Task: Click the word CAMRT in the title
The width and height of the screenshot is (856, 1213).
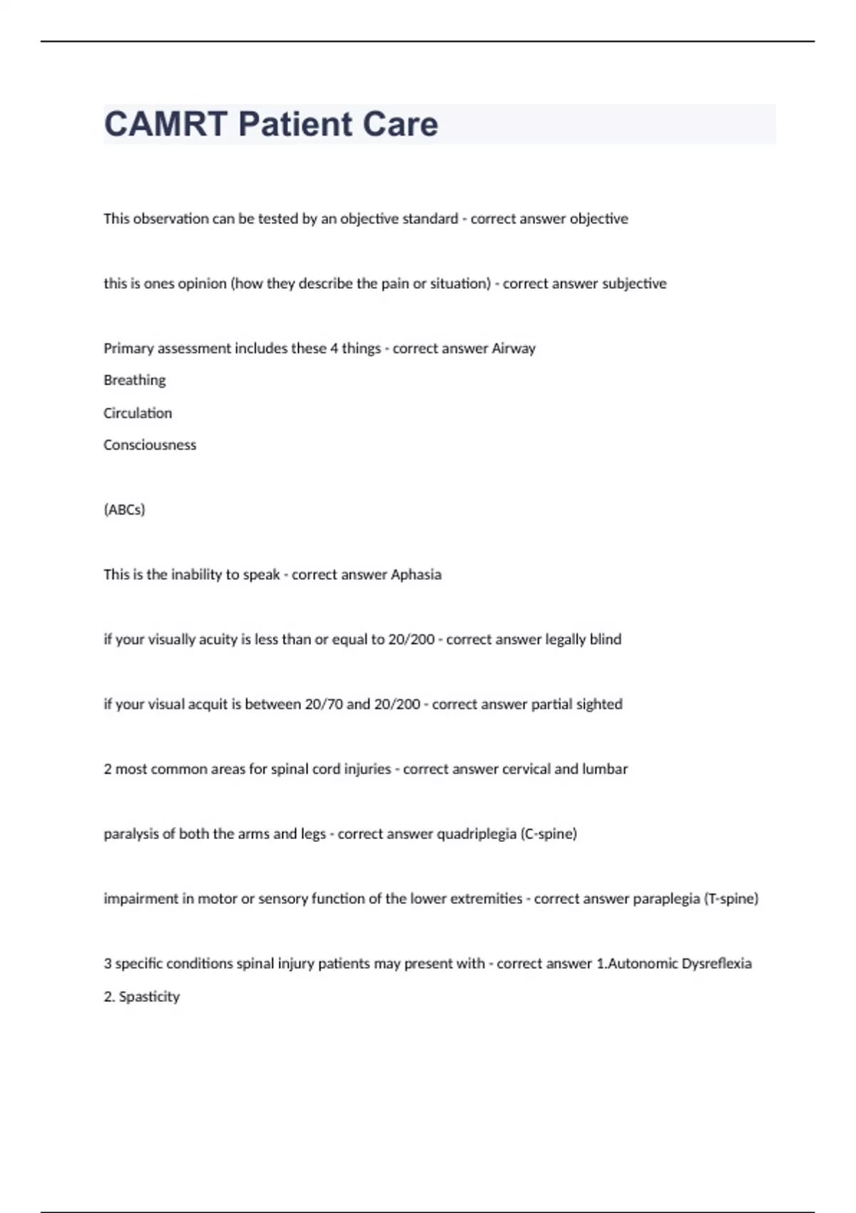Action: click(x=165, y=124)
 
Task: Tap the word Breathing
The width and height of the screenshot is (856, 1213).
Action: click(x=134, y=380)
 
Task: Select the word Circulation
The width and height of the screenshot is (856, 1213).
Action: click(x=138, y=413)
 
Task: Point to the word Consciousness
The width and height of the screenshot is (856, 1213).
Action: click(x=150, y=445)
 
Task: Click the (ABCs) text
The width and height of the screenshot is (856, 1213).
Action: click(x=124, y=509)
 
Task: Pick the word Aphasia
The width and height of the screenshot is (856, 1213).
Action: click(x=416, y=574)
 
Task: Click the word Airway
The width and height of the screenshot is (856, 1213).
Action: click(x=514, y=349)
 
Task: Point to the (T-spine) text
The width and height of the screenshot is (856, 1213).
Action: click(x=731, y=899)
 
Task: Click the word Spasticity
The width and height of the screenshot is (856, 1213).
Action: click(x=149, y=997)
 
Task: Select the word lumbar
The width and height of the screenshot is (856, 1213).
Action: click(x=605, y=769)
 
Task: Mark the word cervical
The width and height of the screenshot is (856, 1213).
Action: click(x=526, y=769)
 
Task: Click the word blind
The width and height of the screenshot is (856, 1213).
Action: click(x=606, y=639)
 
